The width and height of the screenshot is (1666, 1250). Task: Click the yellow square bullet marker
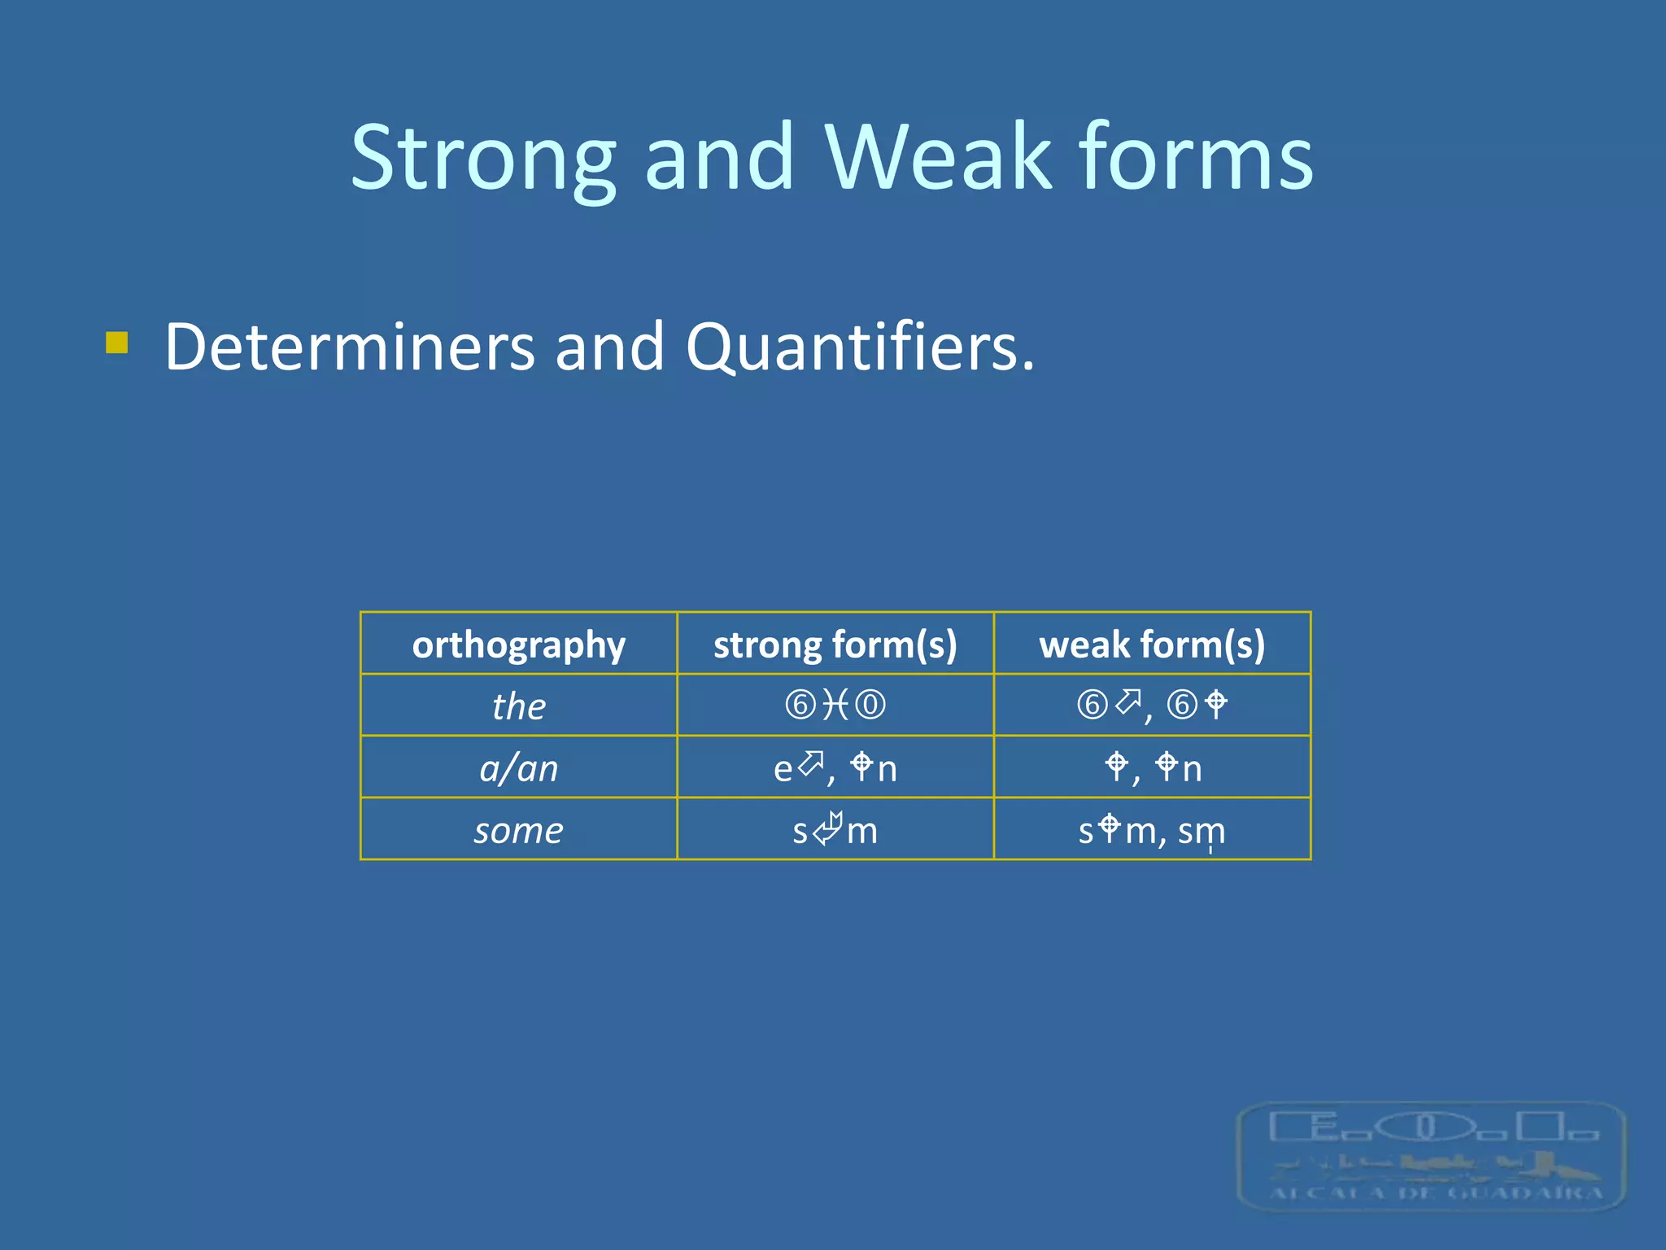(x=117, y=343)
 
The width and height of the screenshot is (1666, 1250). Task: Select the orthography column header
(x=519, y=645)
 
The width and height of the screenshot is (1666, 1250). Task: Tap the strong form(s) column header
(x=835, y=645)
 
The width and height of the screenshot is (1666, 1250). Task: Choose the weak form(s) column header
(x=1152, y=645)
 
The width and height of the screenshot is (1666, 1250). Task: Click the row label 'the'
(x=519, y=706)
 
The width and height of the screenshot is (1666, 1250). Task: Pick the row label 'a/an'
(x=519, y=767)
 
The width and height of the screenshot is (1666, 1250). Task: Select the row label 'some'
(x=519, y=830)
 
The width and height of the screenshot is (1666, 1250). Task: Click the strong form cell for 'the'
(x=835, y=705)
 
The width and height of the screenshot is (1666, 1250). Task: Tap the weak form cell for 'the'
(x=1152, y=705)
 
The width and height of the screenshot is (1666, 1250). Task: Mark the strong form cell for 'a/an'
(x=835, y=767)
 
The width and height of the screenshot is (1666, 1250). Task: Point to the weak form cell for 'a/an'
(x=1152, y=767)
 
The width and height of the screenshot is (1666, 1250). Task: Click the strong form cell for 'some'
(x=835, y=830)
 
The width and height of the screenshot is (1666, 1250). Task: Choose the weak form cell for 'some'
(x=1152, y=830)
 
